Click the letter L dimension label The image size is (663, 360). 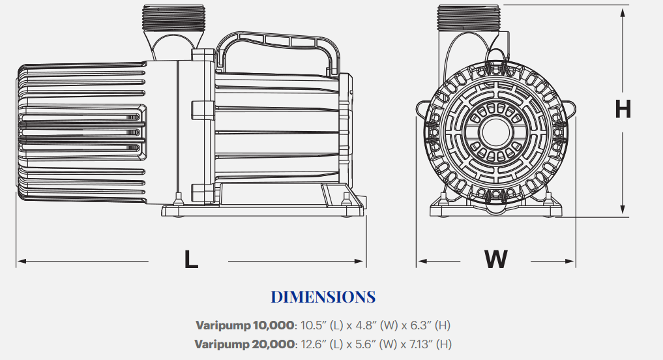[x=190, y=259]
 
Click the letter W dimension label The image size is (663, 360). [x=495, y=259]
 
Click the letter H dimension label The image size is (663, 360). [x=623, y=109]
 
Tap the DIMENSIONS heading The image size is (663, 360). [x=323, y=297]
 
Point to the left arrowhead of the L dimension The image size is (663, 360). [x=20, y=262]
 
